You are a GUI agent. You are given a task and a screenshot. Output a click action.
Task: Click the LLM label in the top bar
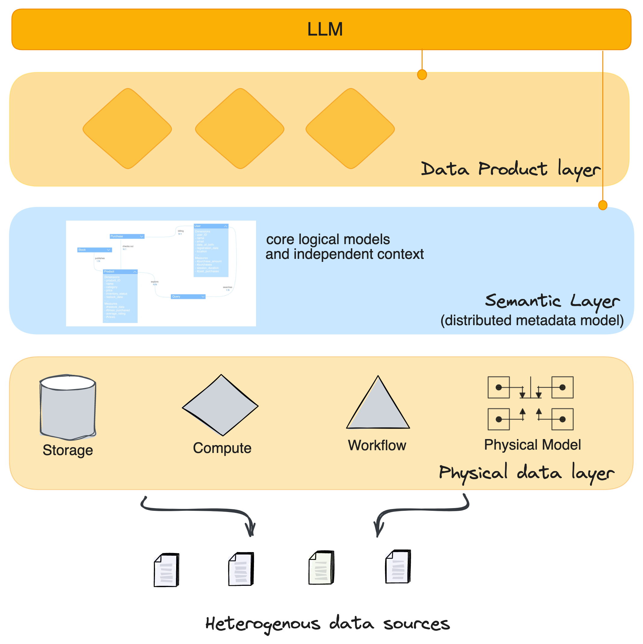coord(325,29)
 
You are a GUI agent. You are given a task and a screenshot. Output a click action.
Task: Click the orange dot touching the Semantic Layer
coord(602,205)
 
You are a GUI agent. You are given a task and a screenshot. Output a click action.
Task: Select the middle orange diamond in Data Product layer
coord(239,129)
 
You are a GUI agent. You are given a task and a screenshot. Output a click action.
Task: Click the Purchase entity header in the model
coord(127,236)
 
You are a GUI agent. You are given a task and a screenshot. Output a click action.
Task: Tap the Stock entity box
coord(94,250)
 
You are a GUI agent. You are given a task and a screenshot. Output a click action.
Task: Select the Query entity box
coord(188,296)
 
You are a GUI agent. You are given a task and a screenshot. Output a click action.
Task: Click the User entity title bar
coord(211,226)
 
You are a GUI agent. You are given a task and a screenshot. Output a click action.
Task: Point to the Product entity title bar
coord(120,272)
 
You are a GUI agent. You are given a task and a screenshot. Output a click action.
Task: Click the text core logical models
coord(328,239)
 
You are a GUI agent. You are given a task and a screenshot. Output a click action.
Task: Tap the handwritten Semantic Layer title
coord(552,301)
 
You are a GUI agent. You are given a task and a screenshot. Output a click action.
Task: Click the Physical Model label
coord(532,445)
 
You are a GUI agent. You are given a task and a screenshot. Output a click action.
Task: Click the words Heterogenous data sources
coord(327,624)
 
